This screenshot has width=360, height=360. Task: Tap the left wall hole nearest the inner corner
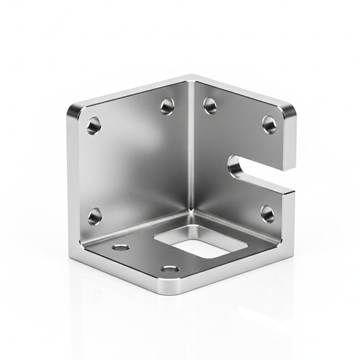pos(167,107)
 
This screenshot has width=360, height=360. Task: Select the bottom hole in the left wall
pos(95,216)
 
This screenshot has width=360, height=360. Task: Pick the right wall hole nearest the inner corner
pos(210,106)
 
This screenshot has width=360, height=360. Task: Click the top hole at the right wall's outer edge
pos(269,125)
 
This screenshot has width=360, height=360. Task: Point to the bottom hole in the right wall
pos(267,214)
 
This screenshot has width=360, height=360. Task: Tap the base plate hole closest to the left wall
pos(121,248)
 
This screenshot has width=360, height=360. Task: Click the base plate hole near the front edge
pos(170,269)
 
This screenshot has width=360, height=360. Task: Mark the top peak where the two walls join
pos(191,77)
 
